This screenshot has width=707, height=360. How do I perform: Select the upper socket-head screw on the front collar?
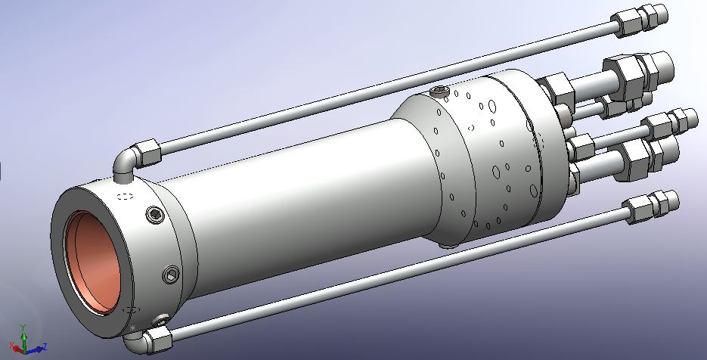[156, 217]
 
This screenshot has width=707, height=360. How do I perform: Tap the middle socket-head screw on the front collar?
[172, 274]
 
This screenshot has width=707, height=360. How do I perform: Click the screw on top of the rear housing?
[439, 92]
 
